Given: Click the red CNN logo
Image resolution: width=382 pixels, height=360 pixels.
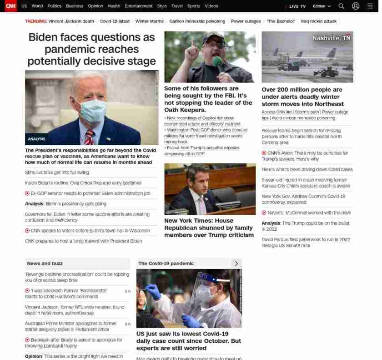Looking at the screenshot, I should click(10, 6).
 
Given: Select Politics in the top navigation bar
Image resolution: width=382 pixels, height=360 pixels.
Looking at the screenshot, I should click(54, 6).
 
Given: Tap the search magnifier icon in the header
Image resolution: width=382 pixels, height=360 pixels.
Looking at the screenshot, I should click(341, 6).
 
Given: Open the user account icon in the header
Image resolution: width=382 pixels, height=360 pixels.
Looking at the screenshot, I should click(356, 6).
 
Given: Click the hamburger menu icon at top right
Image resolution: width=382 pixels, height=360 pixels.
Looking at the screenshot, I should click(370, 6).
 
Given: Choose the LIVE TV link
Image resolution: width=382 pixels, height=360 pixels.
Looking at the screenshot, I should click(297, 6).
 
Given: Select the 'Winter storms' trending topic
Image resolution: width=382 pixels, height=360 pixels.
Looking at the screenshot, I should click(149, 21).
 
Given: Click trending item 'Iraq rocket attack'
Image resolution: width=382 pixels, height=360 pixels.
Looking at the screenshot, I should click(319, 21).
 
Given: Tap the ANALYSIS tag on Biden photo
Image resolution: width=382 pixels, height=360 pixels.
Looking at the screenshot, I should click(36, 139).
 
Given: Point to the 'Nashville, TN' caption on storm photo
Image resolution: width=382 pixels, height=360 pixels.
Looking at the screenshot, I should click(331, 38).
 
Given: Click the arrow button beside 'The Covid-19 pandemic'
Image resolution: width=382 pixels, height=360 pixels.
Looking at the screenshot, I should click(236, 263).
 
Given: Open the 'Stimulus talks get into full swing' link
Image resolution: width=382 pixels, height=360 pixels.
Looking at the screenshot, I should click(57, 172).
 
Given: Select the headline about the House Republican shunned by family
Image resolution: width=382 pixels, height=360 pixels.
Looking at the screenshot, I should click(209, 228).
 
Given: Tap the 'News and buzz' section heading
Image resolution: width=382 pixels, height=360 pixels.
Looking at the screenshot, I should click(45, 263).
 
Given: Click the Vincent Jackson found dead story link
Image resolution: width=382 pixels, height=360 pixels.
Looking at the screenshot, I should click(75, 310).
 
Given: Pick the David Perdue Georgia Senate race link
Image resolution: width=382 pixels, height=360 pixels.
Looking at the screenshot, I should click(306, 243).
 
